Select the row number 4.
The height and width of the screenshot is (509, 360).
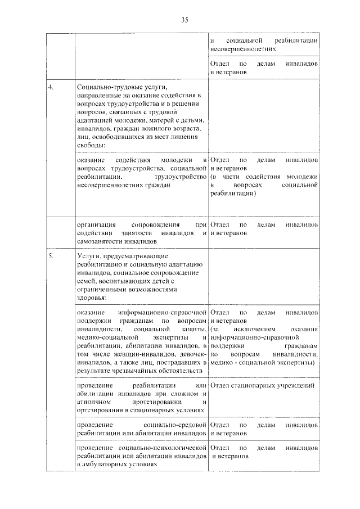[x=51, y=88]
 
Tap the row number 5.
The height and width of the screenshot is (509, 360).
[x=51, y=256]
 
